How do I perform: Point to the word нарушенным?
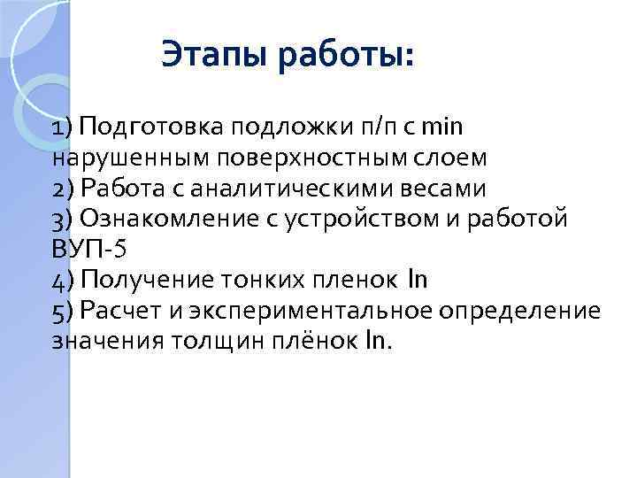pyautogui.click(x=115, y=159)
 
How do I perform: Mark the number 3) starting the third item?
pyautogui.click(x=64, y=220)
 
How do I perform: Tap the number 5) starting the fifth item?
pyautogui.click(x=64, y=312)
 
